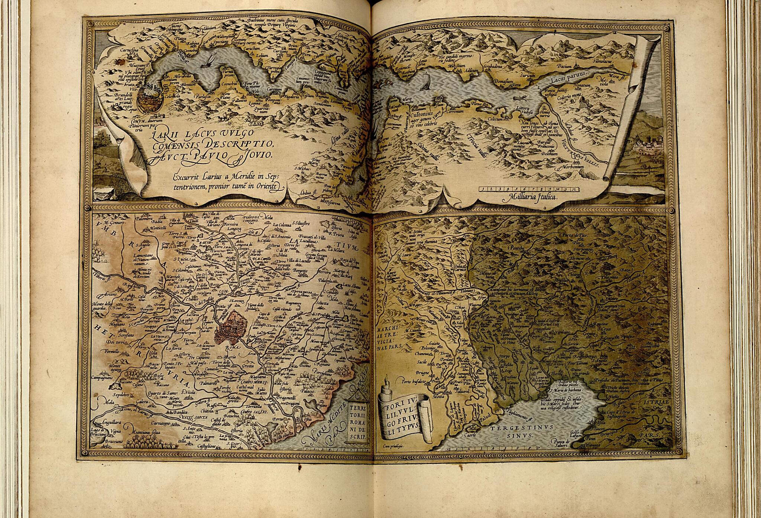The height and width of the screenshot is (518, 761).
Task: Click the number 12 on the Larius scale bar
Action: pos(575,189)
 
